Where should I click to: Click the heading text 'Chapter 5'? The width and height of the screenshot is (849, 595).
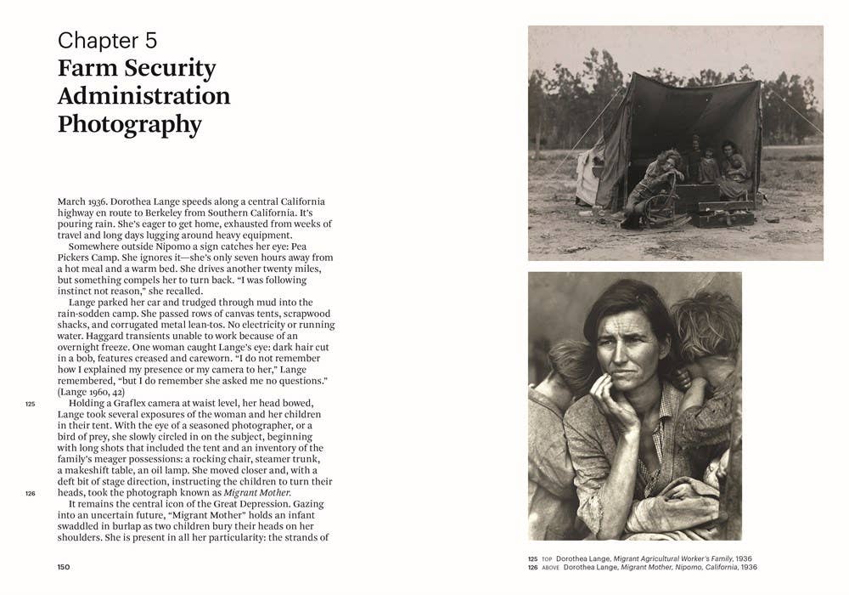point(107,40)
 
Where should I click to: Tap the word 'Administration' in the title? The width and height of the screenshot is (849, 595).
point(143,96)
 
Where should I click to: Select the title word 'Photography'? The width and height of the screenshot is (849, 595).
point(129,124)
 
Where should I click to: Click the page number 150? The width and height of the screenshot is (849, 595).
point(64,567)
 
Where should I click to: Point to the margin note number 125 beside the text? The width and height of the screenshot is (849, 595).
point(30,404)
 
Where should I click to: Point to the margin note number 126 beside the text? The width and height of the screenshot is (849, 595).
point(30,493)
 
